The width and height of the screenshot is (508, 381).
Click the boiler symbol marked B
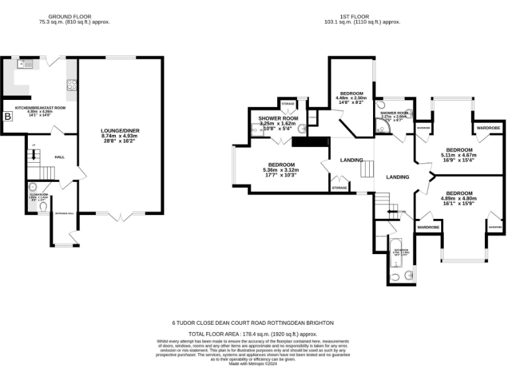coord(8,117)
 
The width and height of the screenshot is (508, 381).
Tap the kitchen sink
coord(24,64)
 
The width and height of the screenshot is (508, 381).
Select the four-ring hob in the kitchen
coord(71,84)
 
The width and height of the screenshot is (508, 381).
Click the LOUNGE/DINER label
coord(120,130)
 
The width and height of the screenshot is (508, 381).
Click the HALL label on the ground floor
coord(60,157)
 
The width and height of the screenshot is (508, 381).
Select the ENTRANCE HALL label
coord(65,213)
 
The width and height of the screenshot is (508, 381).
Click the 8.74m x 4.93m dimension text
coord(120,136)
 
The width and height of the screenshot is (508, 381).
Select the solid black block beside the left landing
coord(310,142)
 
